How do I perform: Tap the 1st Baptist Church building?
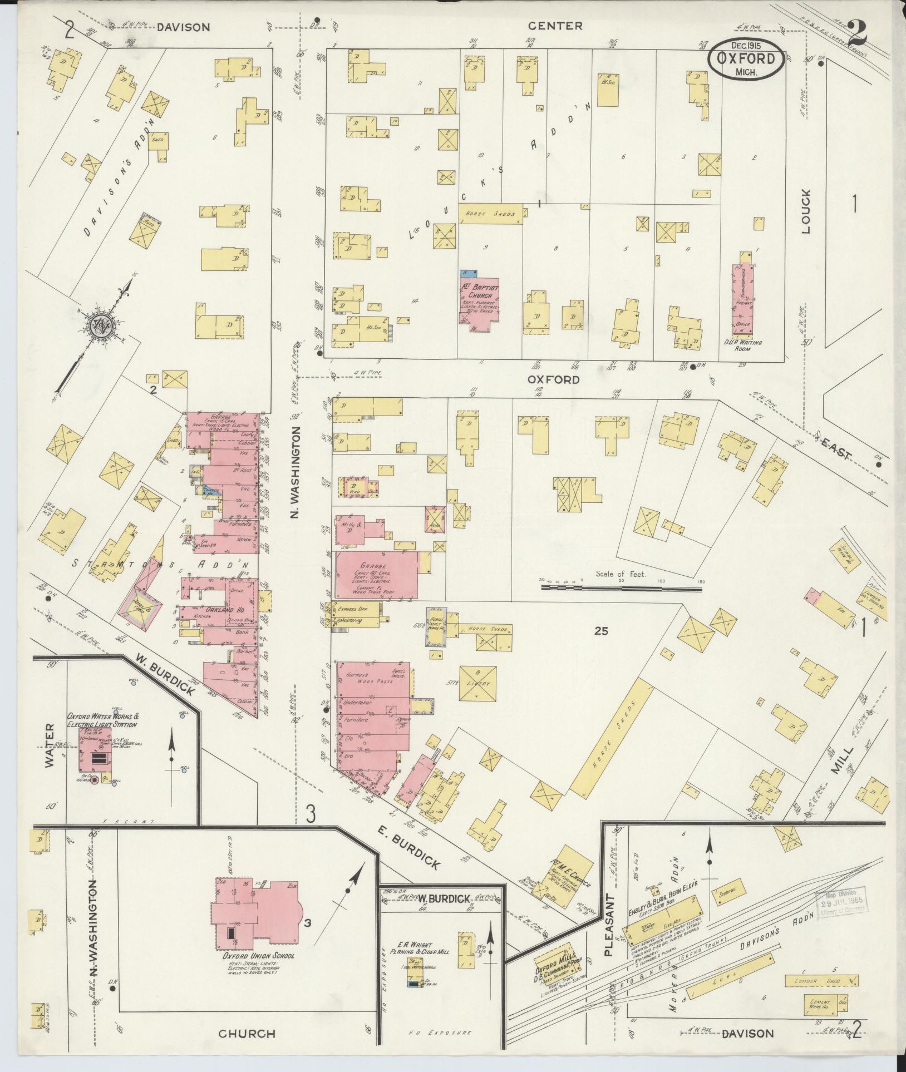coord(480,303)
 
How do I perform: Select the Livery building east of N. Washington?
coord(478,683)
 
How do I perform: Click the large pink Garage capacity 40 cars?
coord(377,575)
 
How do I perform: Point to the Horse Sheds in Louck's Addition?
coord(490,214)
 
